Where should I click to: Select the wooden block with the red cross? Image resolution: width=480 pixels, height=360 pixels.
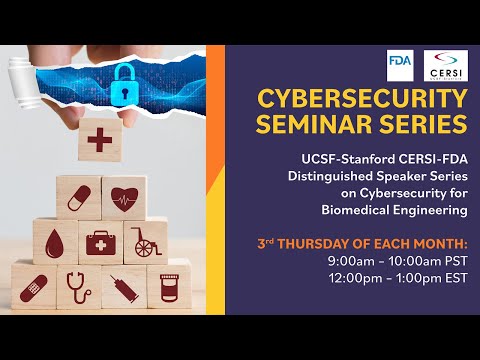[100, 140]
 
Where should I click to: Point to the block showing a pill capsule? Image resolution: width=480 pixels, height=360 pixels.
[77, 196]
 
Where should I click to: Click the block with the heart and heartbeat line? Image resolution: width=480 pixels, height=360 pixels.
[125, 196]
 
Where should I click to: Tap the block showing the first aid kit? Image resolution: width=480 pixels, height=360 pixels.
[100, 242]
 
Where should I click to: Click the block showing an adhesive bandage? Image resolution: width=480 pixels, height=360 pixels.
[32, 286]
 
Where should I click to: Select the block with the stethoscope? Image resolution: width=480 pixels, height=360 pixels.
[77, 286]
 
